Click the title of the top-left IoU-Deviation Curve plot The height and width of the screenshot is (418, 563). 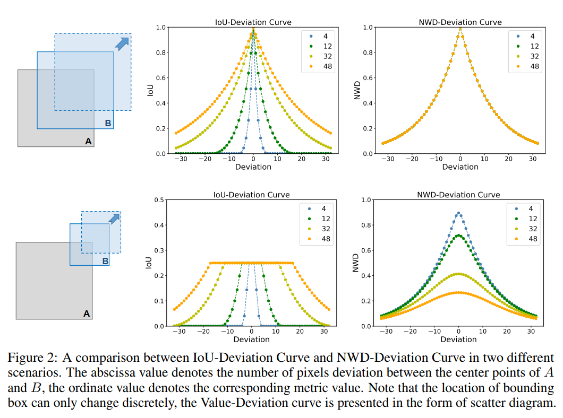tap(253, 22)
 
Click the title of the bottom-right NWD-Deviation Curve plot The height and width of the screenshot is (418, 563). tap(458, 195)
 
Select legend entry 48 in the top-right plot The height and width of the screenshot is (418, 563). tap(534, 66)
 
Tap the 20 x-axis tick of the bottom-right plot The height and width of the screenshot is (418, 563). tap(507, 332)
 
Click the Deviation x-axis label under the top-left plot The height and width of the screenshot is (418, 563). tap(253, 167)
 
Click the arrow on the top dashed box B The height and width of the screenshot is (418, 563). tap(122, 43)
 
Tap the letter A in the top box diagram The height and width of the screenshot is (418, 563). tap(88, 141)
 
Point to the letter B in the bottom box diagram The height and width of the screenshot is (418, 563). tap(105, 260)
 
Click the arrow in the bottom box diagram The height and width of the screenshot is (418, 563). tap(114, 218)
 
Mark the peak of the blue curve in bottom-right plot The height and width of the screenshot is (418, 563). tap(458, 213)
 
